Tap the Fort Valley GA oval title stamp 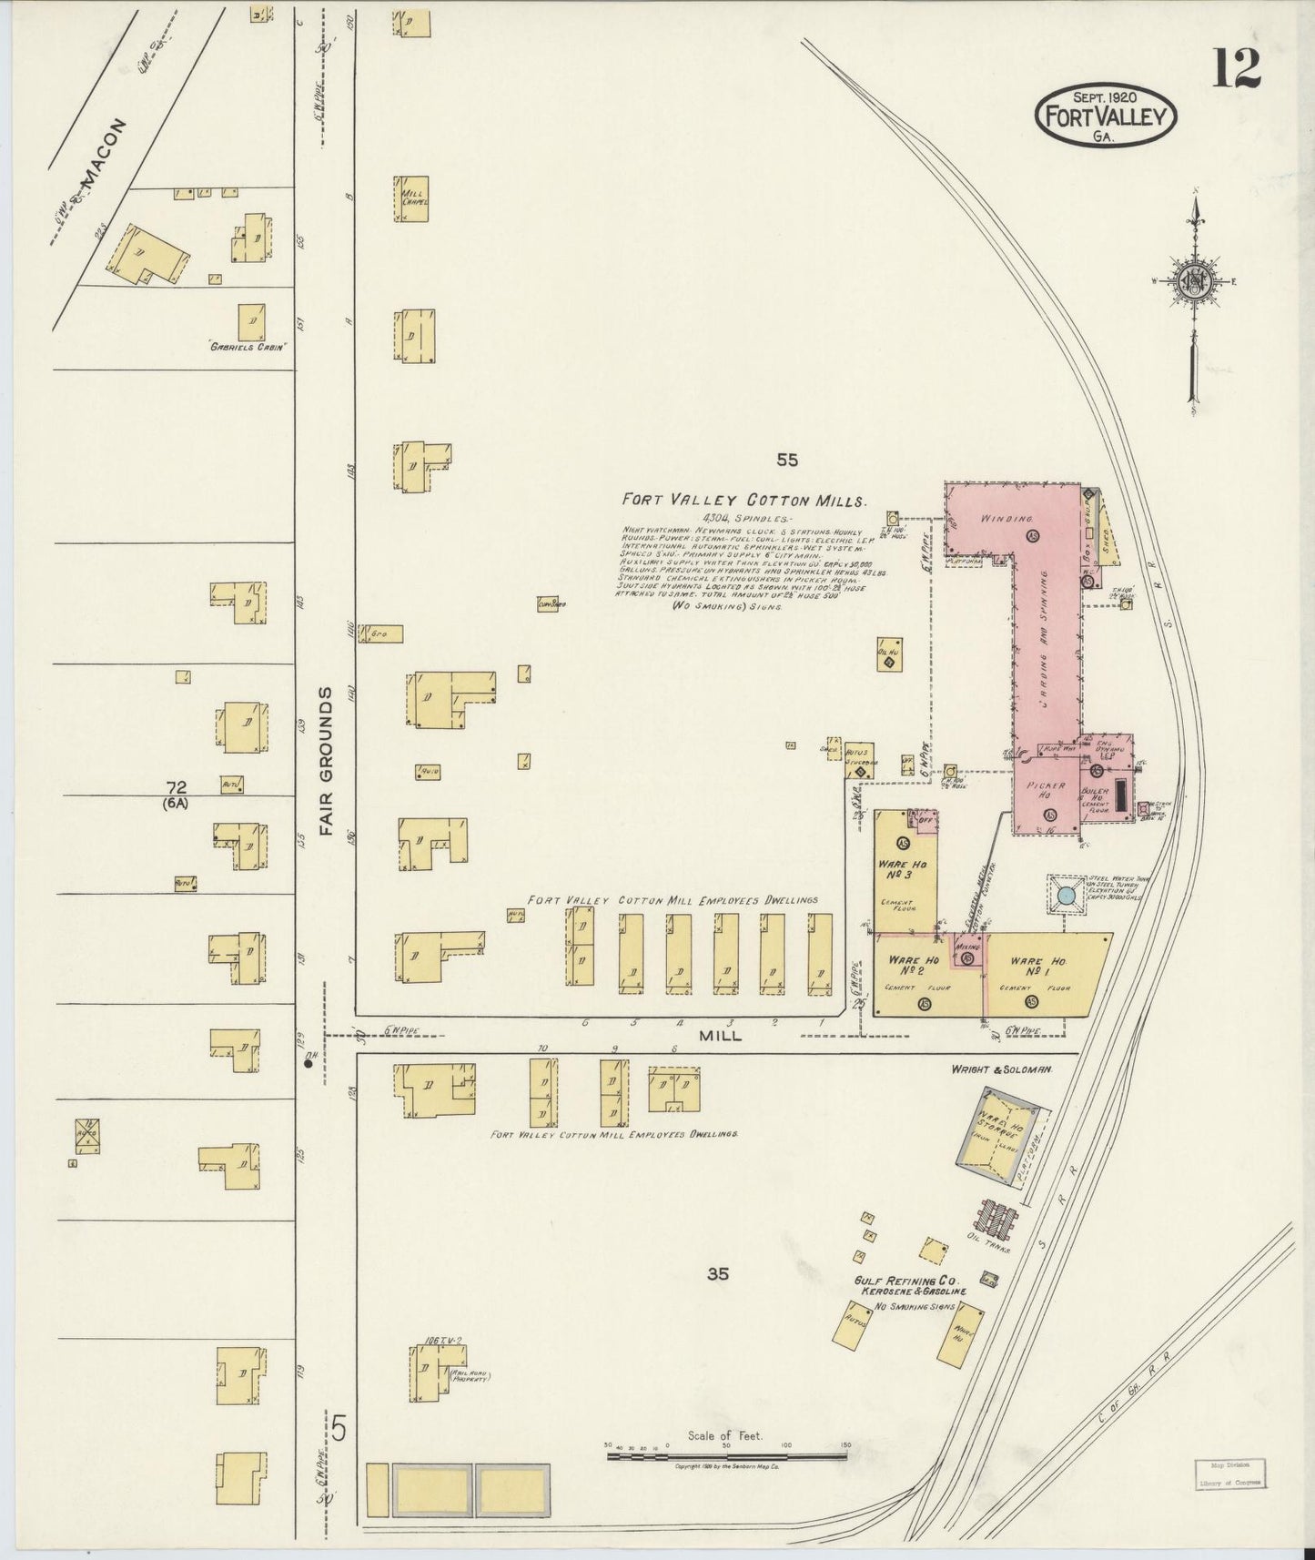tap(1107, 116)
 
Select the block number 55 tap(787, 461)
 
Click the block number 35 tap(718, 1275)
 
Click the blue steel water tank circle tap(1067, 897)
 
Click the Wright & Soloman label tap(1001, 1070)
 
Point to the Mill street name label tap(720, 1035)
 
